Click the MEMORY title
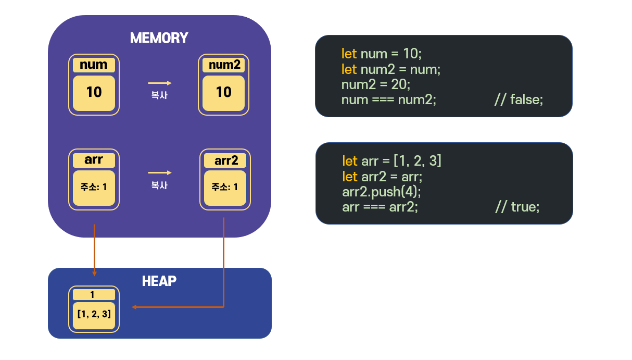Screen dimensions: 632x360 click(159, 38)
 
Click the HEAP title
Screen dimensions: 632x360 click(159, 281)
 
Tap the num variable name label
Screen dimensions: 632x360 click(94, 65)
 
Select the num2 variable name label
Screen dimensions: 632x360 click(223, 65)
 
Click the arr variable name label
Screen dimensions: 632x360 click(94, 160)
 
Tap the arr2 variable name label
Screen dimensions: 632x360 click(225, 160)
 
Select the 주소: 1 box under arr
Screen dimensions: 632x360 click(94, 188)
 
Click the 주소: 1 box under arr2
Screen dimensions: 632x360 click(225, 188)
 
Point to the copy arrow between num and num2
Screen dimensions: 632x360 click(160, 83)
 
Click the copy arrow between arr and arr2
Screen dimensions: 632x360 click(160, 173)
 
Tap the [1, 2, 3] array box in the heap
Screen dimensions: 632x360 click(94, 316)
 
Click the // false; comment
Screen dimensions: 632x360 click(519, 100)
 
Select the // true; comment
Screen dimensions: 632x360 click(517, 207)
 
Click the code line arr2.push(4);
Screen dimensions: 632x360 click(382, 192)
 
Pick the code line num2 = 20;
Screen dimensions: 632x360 click(376, 84)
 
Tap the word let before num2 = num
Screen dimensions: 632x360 click(349, 69)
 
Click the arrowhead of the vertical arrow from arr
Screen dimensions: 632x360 click(95, 274)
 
